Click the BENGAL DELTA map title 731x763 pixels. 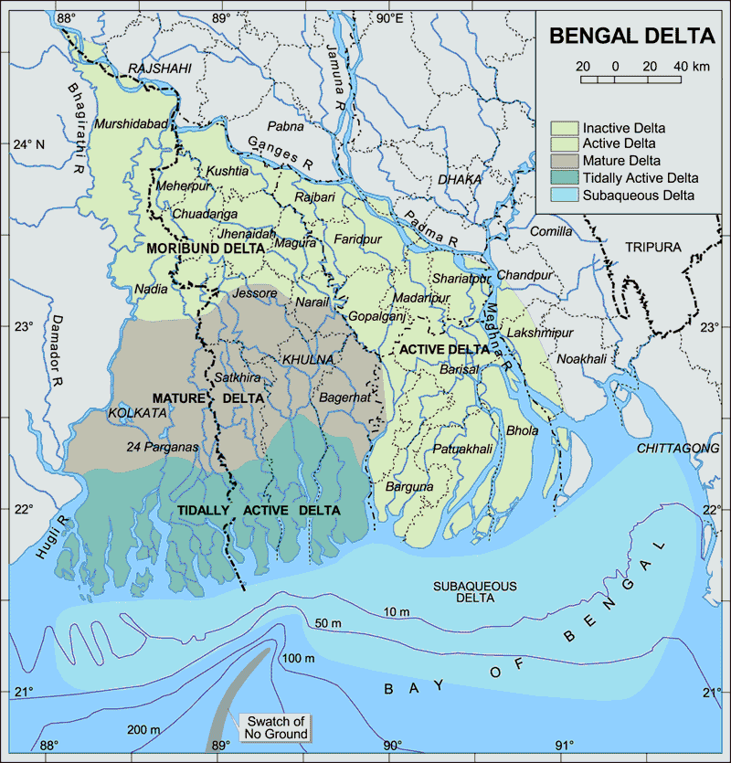[x=630, y=37]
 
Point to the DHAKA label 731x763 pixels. [x=460, y=179]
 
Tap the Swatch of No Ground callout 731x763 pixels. [x=273, y=727]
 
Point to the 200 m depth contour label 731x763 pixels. [x=143, y=729]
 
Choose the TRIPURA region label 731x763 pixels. [x=653, y=248]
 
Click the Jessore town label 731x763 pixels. [x=254, y=293]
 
